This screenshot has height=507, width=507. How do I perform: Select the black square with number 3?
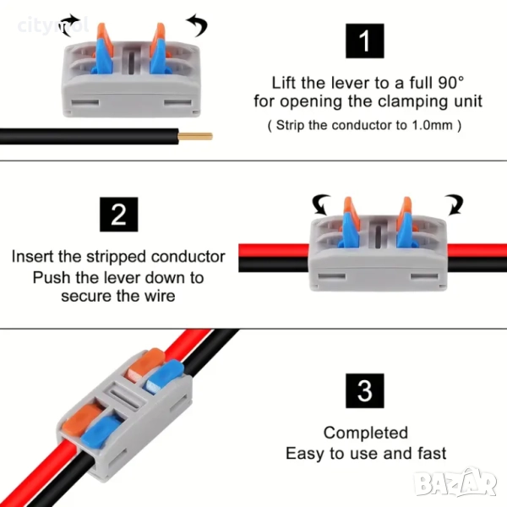pos(365,390)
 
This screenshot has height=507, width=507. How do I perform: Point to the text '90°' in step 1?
pos(449,83)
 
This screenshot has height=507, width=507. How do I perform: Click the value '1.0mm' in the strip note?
pos(434,125)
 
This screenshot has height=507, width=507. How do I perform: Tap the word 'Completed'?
pos(365,433)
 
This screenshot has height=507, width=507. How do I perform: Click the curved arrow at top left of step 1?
pos(74,22)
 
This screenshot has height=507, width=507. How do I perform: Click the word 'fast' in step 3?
pos(429,454)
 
